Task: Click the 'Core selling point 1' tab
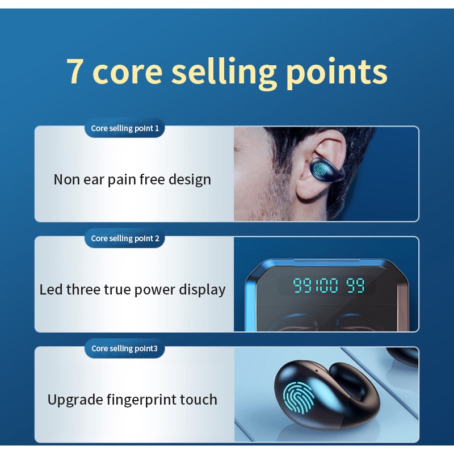click(x=125, y=128)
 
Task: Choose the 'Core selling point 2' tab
click(x=125, y=238)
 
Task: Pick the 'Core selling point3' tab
click(x=125, y=348)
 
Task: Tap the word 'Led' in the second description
click(x=51, y=289)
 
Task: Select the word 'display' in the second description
click(x=202, y=290)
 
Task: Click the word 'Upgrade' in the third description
click(x=75, y=400)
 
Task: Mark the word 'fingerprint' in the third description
click(x=141, y=400)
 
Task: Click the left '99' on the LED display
click(x=301, y=285)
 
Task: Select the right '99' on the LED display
click(x=356, y=285)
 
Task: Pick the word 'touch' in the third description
click(x=199, y=400)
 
